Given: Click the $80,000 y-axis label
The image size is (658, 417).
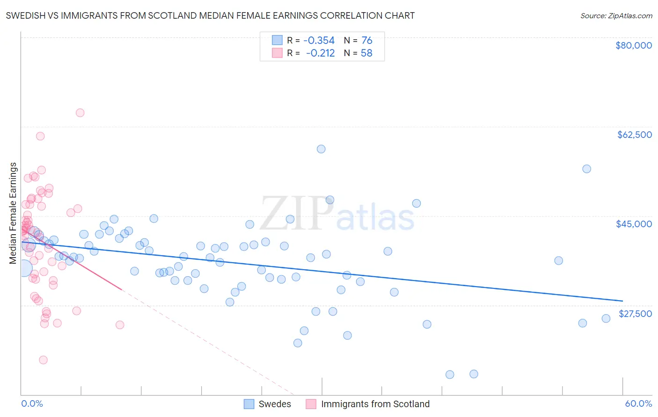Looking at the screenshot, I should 634,45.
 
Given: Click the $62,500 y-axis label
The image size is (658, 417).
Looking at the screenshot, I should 634,135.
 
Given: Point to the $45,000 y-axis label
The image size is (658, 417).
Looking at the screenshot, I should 634,224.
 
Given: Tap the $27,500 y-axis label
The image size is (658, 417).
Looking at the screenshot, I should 635,313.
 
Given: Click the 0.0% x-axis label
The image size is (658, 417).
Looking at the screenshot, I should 32,403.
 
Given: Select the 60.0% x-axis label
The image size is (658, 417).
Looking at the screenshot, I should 638,403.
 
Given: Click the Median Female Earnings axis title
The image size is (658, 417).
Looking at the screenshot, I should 13,213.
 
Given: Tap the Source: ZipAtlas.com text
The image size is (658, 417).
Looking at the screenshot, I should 616,16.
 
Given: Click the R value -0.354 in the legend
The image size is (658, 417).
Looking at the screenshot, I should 319,41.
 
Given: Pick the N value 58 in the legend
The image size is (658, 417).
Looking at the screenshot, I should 366,53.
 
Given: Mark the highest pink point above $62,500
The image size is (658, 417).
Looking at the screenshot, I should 80,113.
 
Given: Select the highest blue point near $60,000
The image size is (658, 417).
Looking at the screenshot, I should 321,149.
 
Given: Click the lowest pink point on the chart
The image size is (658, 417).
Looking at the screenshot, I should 43,360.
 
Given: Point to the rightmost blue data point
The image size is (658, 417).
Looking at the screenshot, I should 606,318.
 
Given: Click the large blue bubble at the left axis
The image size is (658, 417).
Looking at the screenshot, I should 24,268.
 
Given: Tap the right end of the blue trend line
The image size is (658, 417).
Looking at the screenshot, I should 622,301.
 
